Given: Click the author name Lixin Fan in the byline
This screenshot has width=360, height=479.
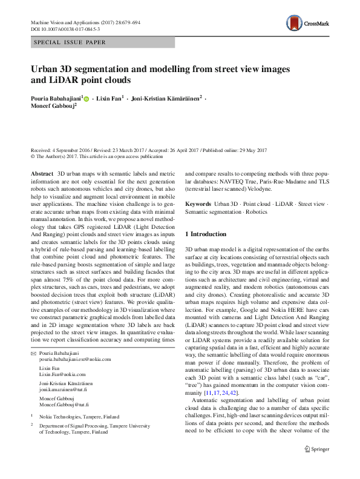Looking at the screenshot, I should [109, 98].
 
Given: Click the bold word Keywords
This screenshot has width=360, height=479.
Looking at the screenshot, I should [198, 204].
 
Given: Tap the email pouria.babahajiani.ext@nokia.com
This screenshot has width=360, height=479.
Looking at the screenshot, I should [73, 359].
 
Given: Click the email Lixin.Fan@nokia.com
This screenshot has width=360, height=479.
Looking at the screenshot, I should [59, 375].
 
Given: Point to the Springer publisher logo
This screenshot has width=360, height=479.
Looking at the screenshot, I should [314, 449].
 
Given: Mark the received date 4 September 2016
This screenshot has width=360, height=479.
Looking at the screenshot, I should [74, 150].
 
